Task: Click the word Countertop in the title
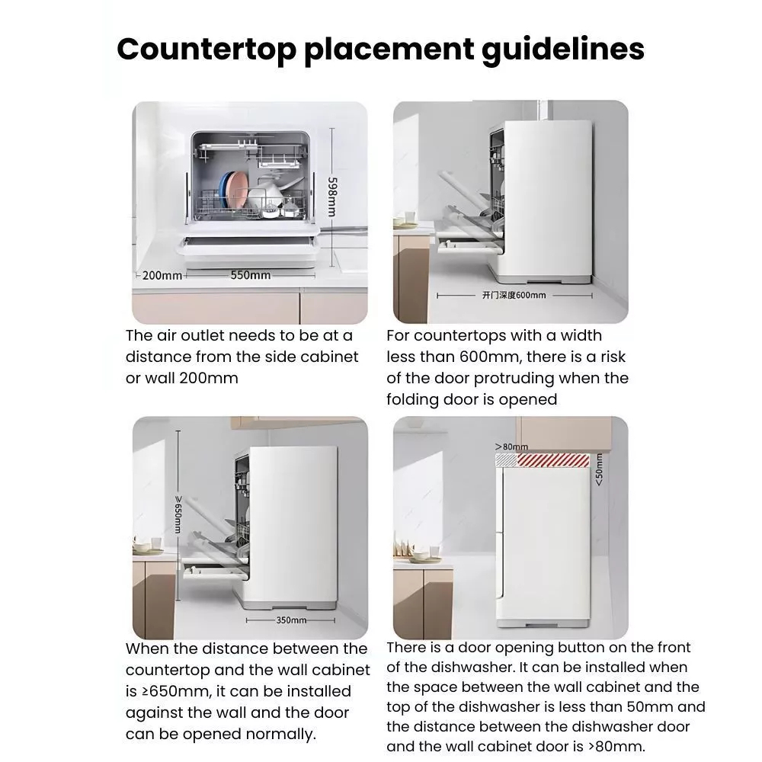tap(207, 49)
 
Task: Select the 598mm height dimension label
tap(332, 197)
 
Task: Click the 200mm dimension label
tap(162, 276)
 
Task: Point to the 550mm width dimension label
tap(250, 275)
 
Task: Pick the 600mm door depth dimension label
tap(514, 295)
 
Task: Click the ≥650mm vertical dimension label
tap(178, 514)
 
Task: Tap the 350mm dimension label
tap(291, 620)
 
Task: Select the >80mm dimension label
tap(511, 446)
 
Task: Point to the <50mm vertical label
tap(599, 469)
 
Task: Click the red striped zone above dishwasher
tap(553, 460)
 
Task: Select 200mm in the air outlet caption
tap(209, 378)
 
